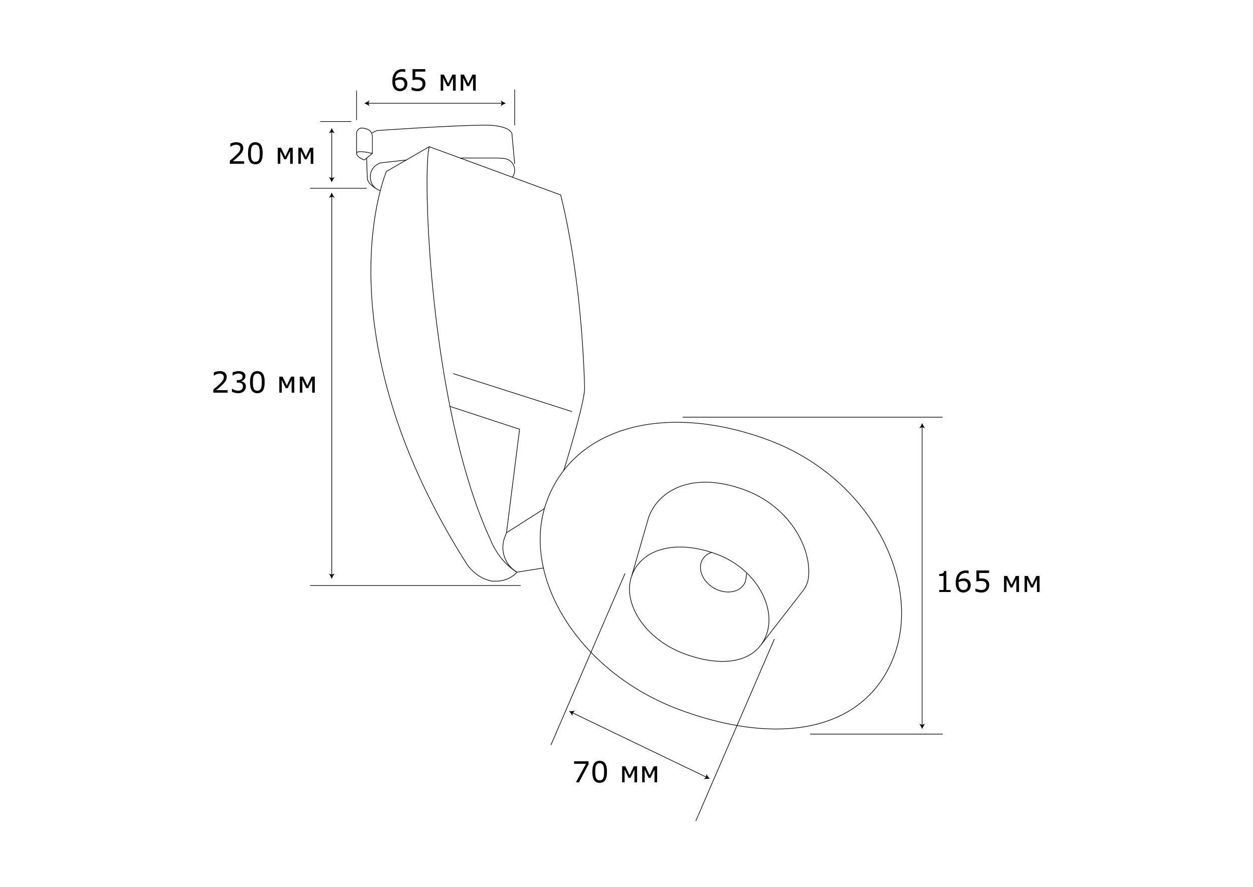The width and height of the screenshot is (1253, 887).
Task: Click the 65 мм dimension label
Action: tap(434, 81)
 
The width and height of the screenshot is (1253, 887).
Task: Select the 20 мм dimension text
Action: tap(271, 155)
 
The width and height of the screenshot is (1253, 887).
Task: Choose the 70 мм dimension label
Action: tap(615, 773)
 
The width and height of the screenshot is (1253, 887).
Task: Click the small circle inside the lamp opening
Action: tap(724, 572)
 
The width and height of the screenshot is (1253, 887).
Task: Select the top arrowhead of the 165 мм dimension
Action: tap(922, 426)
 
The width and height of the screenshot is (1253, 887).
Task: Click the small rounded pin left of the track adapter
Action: tap(363, 143)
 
